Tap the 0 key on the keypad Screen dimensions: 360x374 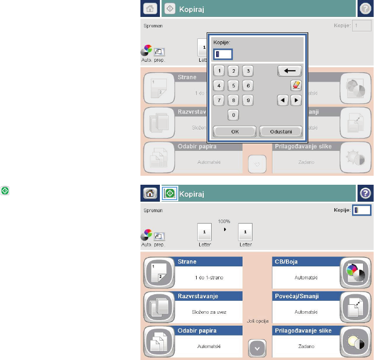[233, 115]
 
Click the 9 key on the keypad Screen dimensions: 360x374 [248, 100]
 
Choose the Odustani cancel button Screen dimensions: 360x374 [281, 131]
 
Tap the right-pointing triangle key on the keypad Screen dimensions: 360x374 [297, 100]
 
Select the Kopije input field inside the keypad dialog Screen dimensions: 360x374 [222, 54]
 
